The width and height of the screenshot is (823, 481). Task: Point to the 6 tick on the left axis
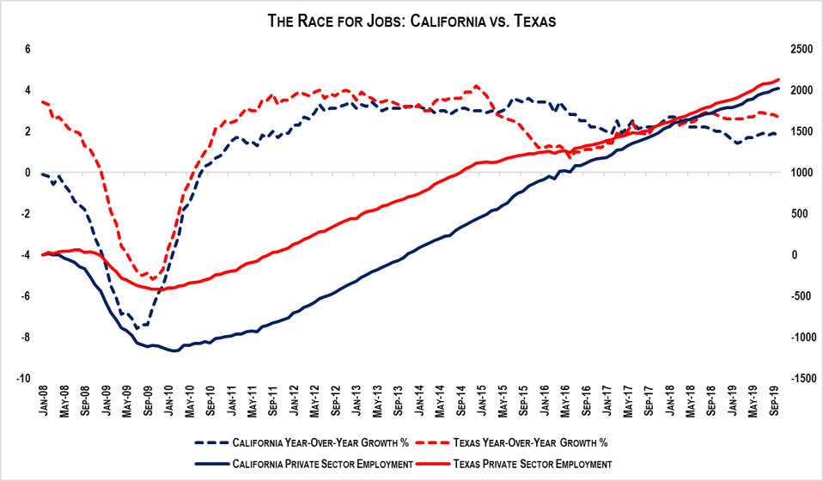pos(27,49)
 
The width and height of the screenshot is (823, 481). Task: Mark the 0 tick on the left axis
pos(27,173)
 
